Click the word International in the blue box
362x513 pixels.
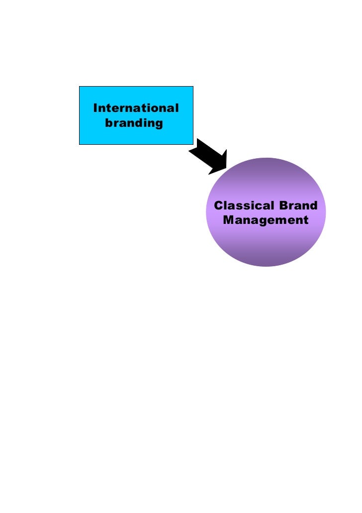pos(136,108)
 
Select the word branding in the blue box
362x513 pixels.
pos(134,123)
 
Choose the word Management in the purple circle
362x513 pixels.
pos(266,219)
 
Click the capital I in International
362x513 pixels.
pos(95,108)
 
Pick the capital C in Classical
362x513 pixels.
pos(217,205)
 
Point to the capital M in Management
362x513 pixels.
pos(229,219)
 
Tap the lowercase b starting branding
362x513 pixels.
pos(108,122)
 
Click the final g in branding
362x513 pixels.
pos(159,124)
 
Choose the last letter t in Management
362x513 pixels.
pos(305,220)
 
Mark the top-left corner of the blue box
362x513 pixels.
pos(80,87)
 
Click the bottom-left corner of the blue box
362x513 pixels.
pos(80,144)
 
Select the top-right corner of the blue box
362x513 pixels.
pos(193,87)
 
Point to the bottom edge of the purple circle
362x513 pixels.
pos(266,266)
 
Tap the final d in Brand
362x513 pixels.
pos(313,205)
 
